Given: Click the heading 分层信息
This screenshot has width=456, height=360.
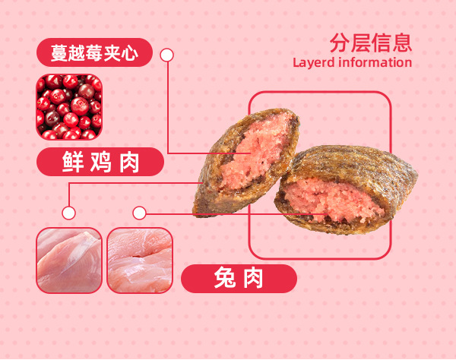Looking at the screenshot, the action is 371,42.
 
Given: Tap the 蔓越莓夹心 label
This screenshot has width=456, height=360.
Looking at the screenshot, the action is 94,54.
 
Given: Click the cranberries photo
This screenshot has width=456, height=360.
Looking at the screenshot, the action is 69,106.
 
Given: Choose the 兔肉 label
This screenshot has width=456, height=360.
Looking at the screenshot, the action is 238,279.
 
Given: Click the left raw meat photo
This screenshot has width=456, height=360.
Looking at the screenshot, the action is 69,261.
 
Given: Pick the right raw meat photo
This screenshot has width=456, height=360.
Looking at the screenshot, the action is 140,261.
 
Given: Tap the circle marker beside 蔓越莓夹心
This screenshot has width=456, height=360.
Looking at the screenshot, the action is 167,55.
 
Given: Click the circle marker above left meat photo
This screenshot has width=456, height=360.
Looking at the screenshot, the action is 69,213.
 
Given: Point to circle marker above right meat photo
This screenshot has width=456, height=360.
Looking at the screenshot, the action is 139,213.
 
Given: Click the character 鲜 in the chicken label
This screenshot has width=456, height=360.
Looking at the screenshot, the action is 73,162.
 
